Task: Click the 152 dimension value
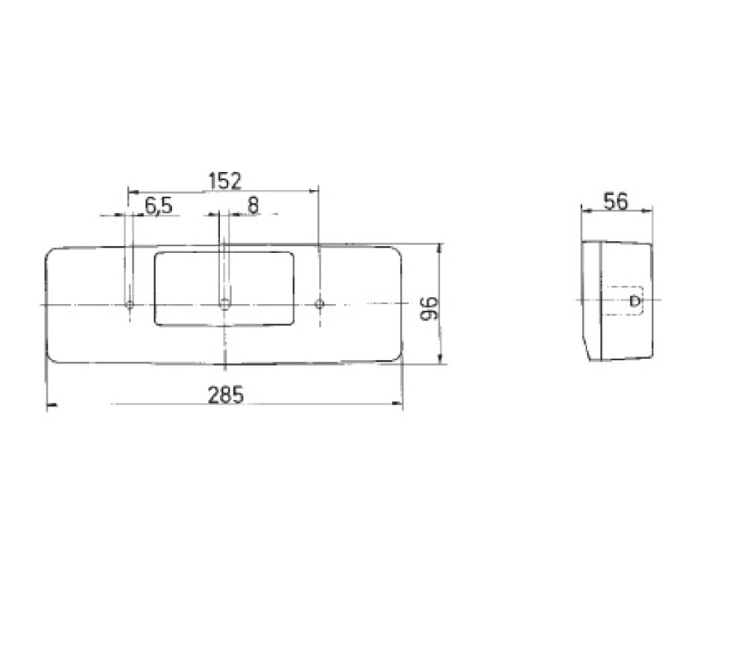coord(224,181)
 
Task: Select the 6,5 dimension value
coord(158,206)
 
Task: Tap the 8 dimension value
coord(252,205)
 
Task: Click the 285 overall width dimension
coord(225,395)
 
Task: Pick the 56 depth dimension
coord(615,201)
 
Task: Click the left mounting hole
coord(130,305)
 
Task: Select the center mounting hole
coord(224,305)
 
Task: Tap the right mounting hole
coord(319,305)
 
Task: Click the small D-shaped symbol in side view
coord(634,301)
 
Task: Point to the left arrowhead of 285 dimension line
coord(50,405)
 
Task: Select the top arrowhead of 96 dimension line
coord(440,248)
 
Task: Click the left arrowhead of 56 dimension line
coord(585,211)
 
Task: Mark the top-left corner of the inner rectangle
coord(156,254)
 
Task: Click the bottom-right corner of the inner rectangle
coord(292,324)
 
